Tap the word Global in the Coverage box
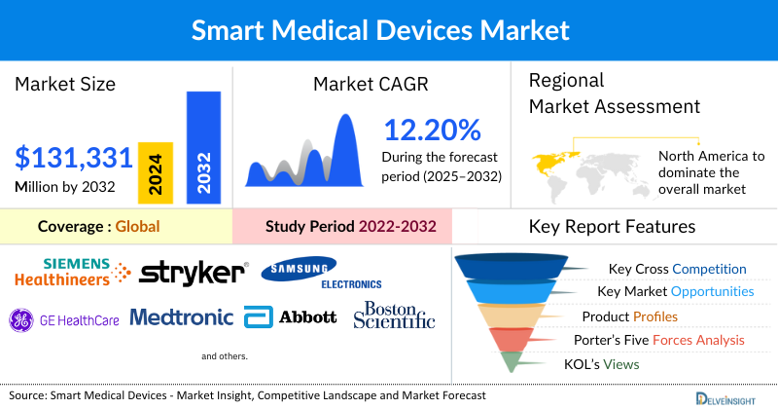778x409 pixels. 137,227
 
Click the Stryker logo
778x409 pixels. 192,273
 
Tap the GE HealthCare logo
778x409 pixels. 64,317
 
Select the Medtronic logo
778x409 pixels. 181,317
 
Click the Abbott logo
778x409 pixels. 291,317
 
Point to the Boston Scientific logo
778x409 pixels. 394,315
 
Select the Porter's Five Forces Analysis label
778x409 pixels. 662,340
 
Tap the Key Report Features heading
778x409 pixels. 612,227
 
